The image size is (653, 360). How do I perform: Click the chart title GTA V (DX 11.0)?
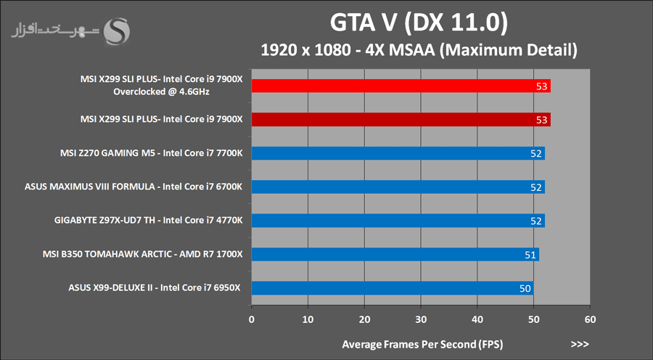coord(418,23)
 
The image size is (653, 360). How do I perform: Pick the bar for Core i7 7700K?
coord(398,153)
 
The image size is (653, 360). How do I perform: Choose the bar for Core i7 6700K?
coord(398,187)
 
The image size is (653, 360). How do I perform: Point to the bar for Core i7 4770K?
coord(398,221)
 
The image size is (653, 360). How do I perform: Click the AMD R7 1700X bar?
coord(395,254)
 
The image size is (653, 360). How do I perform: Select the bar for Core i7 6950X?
coord(392,288)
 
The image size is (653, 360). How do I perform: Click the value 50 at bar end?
coord(525,288)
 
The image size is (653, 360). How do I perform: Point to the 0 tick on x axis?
coord(251,319)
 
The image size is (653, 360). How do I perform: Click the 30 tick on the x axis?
coord(421,319)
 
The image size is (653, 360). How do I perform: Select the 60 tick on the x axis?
coord(590,319)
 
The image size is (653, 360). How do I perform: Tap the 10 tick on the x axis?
coord(308,319)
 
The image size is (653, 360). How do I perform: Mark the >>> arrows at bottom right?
coord(580,343)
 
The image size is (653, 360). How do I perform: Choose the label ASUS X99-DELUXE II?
coord(155,288)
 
